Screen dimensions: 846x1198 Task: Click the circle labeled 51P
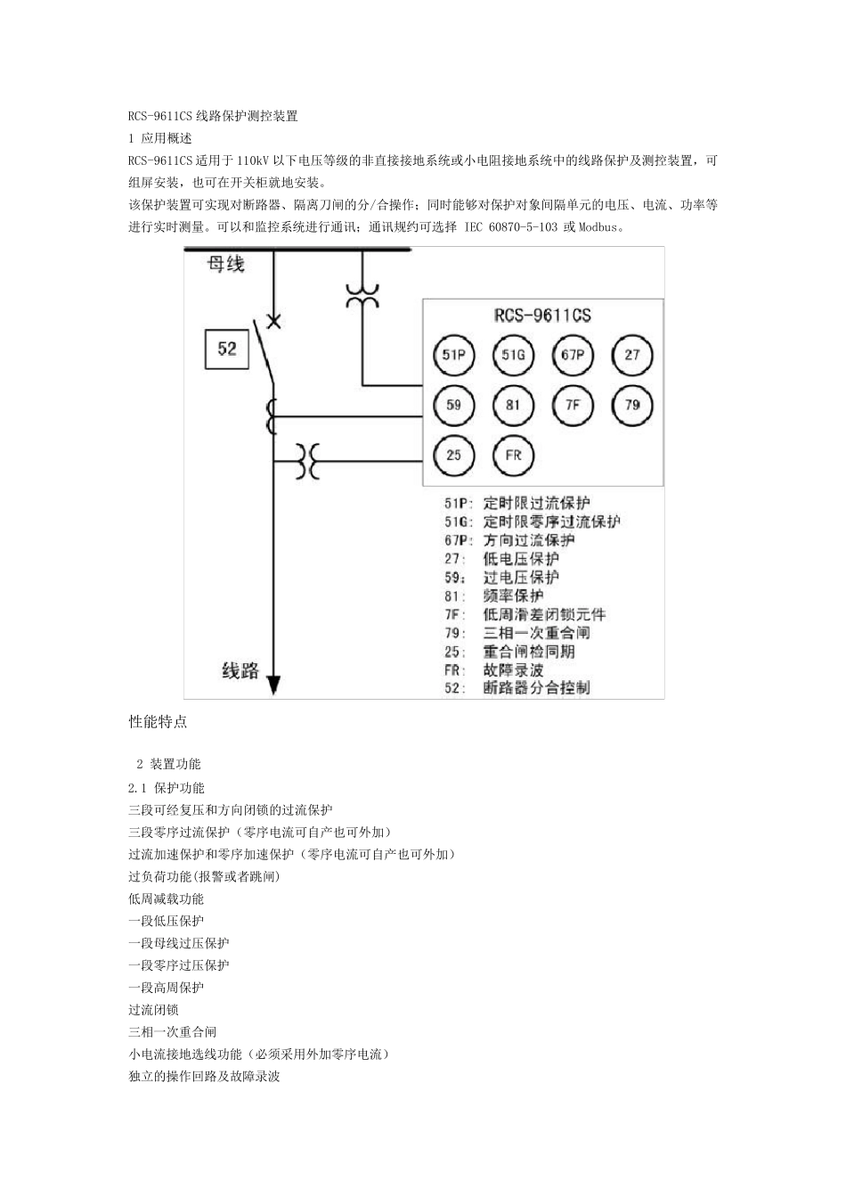(454, 357)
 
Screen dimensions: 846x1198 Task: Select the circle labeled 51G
(513, 357)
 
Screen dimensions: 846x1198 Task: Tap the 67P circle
(573, 357)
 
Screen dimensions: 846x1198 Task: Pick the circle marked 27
(632, 357)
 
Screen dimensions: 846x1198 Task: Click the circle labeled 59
(454, 406)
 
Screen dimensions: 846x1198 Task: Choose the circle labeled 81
(513, 406)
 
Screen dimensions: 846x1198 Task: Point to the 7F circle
(573, 406)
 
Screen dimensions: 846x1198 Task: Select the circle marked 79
(632, 406)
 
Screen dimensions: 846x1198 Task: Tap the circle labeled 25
(454, 455)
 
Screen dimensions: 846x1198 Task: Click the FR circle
(513, 455)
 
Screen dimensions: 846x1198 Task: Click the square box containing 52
(227, 348)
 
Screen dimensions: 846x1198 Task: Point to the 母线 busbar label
(225, 264)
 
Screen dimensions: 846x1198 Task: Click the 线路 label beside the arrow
(240, 671)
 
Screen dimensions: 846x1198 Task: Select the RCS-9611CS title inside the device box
(542, 316)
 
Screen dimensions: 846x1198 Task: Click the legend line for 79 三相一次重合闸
(517, 633)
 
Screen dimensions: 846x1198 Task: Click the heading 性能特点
(159, 722)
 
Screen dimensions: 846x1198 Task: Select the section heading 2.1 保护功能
(167, 788)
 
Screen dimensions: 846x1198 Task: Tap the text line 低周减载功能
(167, 898)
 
